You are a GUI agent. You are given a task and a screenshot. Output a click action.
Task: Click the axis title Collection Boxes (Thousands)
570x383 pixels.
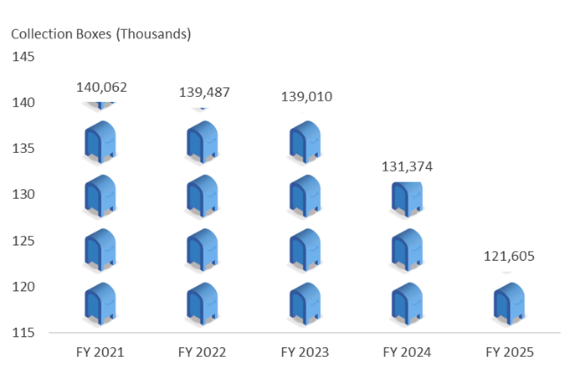pyautogui.click(x=101, y=34)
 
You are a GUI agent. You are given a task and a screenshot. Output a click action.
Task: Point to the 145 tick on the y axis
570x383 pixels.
pyautogui.click(x=23, y=57)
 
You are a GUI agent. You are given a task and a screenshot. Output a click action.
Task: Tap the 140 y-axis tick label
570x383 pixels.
pyautogui.click(x=23, y=103)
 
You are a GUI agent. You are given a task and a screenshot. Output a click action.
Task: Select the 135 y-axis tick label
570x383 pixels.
pyautogui.click(x=23, y=149)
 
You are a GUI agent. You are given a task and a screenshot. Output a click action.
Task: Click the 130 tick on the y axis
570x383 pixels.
pyautogui.click(x=23, y=194)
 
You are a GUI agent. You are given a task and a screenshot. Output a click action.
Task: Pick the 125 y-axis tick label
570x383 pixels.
pyautogui.click(x=23, y=241)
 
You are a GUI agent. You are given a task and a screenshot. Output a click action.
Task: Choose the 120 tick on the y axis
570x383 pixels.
pyautogui.click(x=23, y=287)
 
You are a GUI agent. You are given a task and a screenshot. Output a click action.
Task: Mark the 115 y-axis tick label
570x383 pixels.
pyautogui.click(x=23, y=333)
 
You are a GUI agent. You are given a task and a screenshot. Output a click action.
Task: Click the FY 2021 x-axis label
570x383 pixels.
pyautogui.click(x=100, y=353)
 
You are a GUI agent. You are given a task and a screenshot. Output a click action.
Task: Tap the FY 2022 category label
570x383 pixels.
pyautogui.click(x=203, y=353)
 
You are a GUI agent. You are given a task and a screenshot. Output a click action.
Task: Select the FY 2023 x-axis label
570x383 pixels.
pyautogui.click(x=305, y=353)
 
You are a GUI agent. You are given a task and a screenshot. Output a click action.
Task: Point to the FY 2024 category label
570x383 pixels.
pyautogui.click(x=407, y=353)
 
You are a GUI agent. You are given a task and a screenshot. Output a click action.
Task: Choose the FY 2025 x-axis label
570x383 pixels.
pyautogui.click(x=509, y=353)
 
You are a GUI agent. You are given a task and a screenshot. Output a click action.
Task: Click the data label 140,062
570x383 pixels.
pyautogui.click(x=101, y=86)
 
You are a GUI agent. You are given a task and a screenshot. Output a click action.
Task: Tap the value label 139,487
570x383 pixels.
pyautogui.click(x=204, y=92)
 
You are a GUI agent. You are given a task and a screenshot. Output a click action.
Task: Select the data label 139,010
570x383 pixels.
pyautogui.click(x=306, y=97)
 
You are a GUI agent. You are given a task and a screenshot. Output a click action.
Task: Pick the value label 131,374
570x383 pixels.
pyautogui.click(x=408, y=166)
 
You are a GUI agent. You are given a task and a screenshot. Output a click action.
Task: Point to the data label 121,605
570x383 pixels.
pyautogui.click(x=509, y=257)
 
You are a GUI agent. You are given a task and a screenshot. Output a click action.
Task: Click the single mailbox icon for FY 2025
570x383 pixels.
pyautogui.click(x=509, y=304)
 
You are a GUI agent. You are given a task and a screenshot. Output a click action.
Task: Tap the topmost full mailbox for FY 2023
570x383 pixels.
pyautogui.click(x=305, y=142)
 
